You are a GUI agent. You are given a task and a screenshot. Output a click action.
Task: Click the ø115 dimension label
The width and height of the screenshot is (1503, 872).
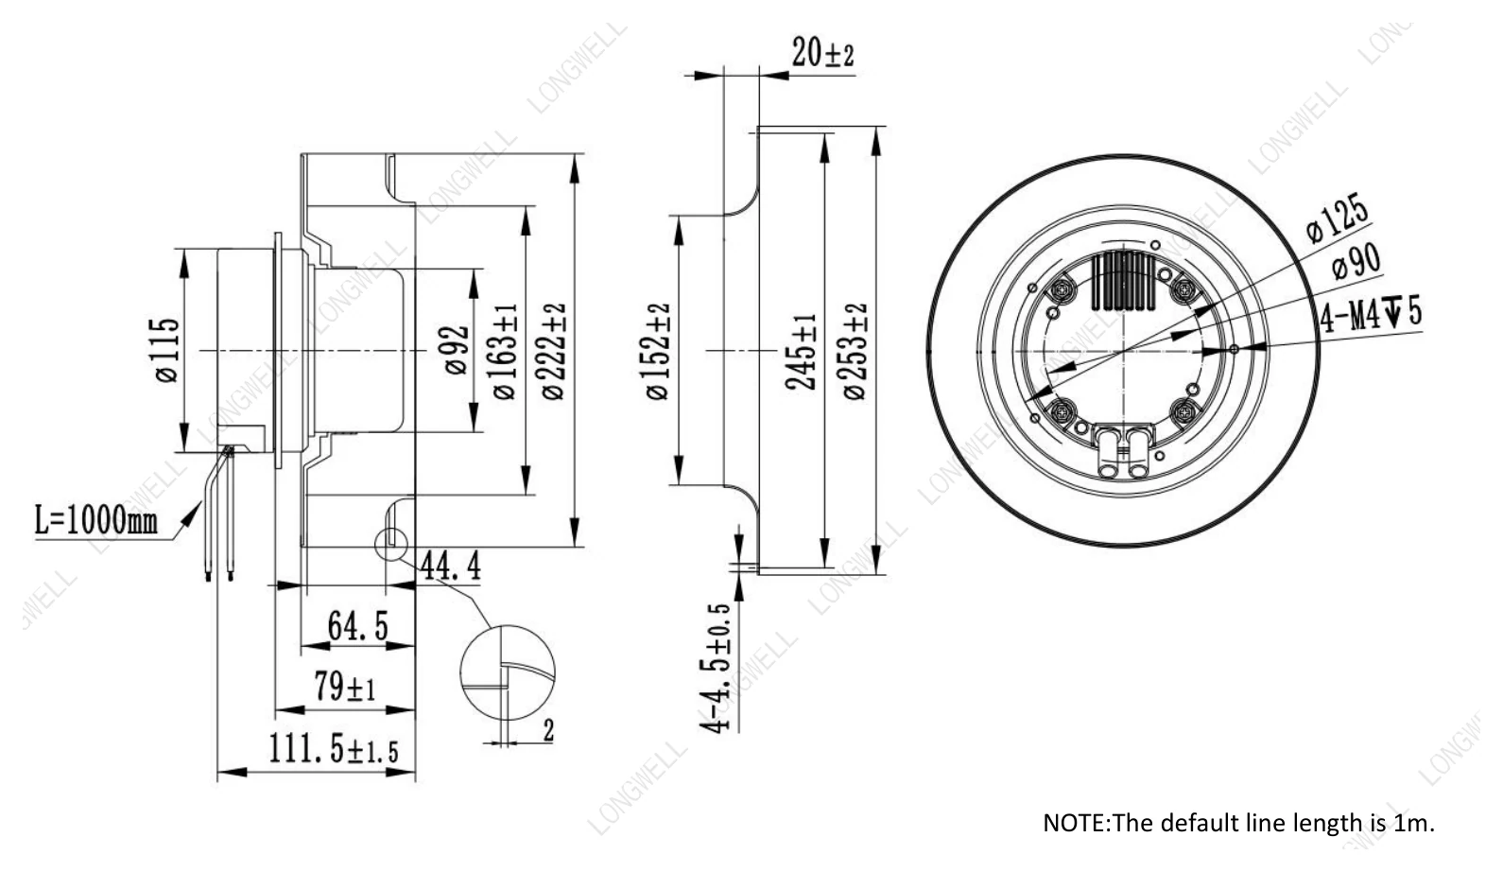tap(167, 350)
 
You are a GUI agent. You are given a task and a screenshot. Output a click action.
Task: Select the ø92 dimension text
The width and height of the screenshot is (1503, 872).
tap(457, 350)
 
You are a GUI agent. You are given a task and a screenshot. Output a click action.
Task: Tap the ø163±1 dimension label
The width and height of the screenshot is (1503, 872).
tap(507, 351)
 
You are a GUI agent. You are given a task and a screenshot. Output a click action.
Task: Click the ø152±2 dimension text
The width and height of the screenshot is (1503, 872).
tap(659, 351)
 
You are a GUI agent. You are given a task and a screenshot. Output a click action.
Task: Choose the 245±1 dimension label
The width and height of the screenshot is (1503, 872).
tap(802, 351)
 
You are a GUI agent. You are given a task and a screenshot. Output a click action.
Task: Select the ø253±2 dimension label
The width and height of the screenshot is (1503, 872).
tap(855, 351)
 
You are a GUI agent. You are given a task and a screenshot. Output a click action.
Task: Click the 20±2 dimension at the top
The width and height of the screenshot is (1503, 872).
tap(823, 52)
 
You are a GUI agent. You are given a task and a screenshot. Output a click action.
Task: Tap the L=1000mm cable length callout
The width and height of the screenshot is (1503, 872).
tap(96, 521)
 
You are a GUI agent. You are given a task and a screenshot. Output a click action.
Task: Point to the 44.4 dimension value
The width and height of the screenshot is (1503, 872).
tap(451, 567)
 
